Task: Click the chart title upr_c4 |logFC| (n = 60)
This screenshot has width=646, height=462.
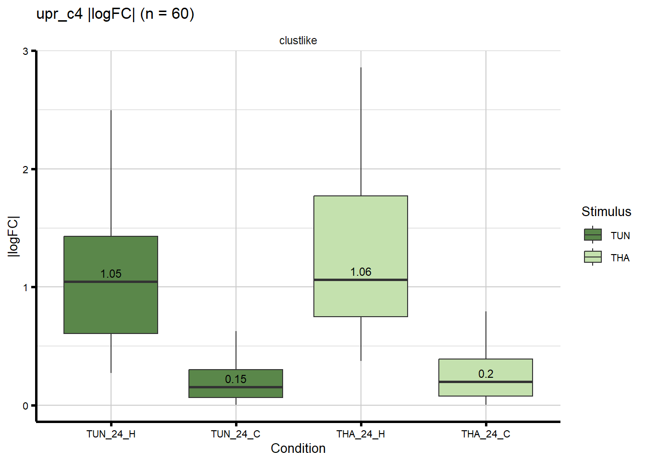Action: click(115, 14)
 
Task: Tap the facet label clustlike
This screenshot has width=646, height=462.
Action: click(298, 40)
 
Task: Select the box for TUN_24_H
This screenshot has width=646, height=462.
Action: click(111, 308)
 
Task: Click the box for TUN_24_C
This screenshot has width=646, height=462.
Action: click(236, 392)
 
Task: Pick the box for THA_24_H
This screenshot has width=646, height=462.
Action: click(360, 231)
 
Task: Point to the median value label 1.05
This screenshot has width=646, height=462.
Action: click(111, 274)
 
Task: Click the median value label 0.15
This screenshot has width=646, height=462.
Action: click(236, 379)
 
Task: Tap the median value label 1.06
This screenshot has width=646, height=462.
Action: click(361, 272)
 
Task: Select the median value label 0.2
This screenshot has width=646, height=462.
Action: click(486, 374)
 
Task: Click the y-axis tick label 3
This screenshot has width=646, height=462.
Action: click(25, 51)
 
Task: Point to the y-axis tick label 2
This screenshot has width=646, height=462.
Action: click(25, 169)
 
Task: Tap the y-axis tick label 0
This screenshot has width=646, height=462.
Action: click(25, 406)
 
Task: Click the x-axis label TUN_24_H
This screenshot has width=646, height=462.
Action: click(111, 434)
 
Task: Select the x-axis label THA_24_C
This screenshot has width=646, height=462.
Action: click(486, 434)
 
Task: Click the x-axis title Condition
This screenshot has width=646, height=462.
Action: click(298, 449)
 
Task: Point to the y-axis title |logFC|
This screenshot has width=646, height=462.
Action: click(13, 236)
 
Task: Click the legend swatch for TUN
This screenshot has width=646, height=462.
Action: click(593, 235)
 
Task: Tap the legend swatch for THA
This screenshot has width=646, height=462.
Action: click(593, 257)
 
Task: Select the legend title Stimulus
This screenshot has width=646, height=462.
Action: click(606, 212)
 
